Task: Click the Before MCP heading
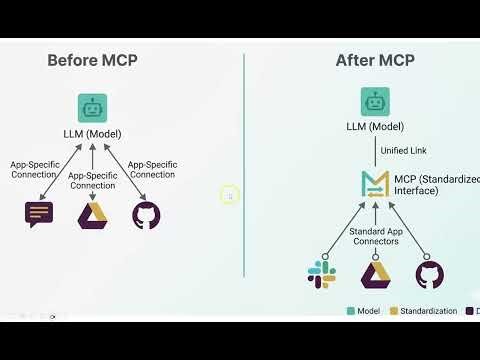coord(92,60)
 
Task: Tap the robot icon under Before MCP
coord(92,108)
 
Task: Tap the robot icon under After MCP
coord(375,101)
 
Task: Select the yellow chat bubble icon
coord(40,213)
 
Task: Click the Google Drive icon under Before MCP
coord(92,214)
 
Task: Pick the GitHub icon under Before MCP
coord(145,214)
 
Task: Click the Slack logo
coord(322,273)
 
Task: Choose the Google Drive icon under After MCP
coord(375,274)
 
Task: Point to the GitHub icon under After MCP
coord(429,274)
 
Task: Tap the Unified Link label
coord(404,151)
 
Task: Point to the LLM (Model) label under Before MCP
coord(92,134)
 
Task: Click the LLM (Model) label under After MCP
coord(375,126)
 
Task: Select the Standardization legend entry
coord(425,311)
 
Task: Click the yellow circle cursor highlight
coord(229,196)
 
